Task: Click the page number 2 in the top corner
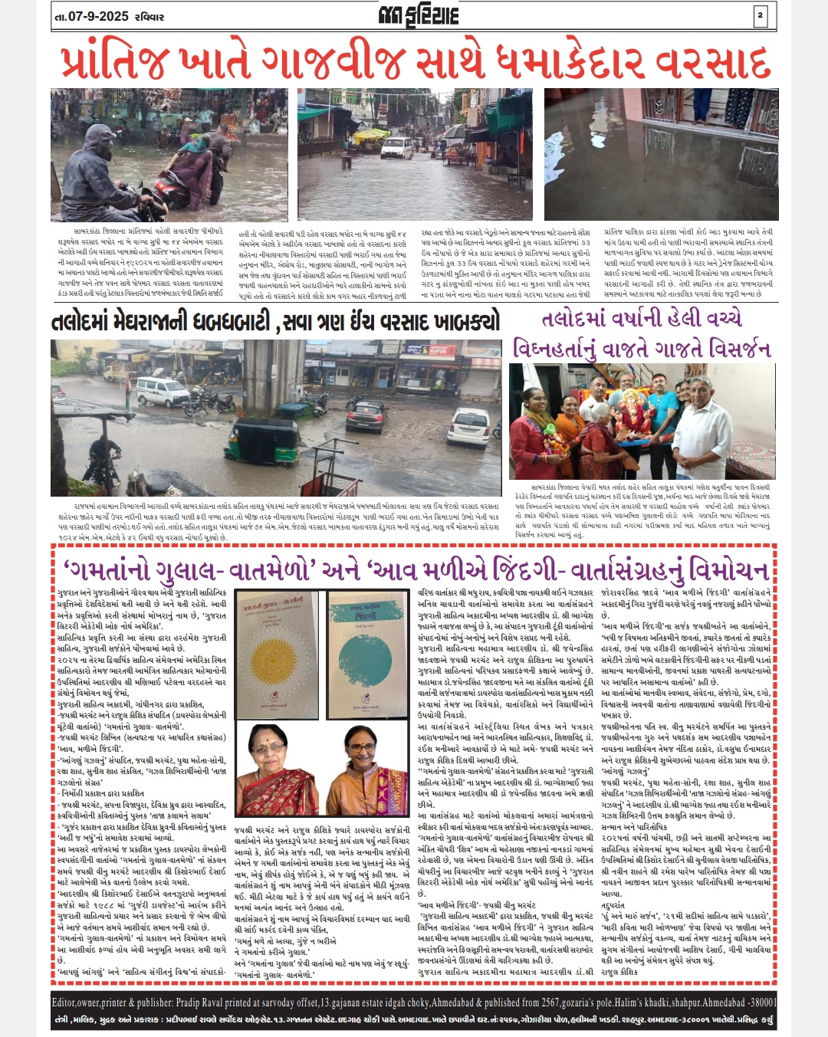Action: point(761,15)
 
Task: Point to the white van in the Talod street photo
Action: point(163,391)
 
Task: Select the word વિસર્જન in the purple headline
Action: point(731,349)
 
